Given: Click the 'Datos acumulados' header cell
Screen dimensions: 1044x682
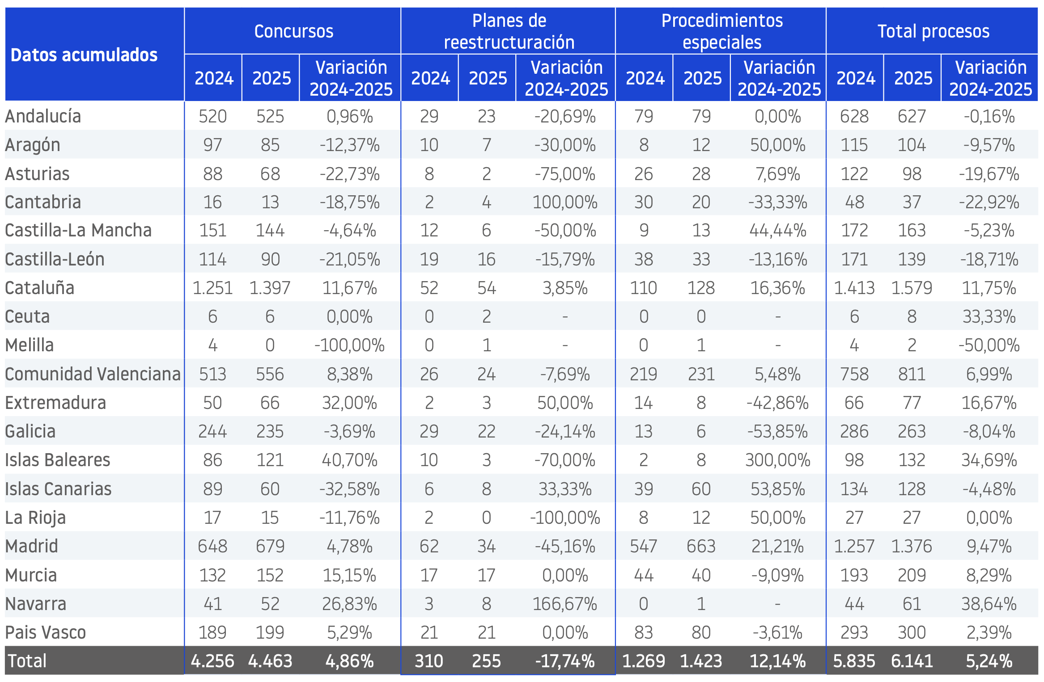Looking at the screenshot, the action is click(84, 55).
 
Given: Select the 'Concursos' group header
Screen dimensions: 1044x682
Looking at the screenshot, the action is click(294, 31).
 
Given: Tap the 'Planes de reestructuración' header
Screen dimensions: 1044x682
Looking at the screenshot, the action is click(509, 31).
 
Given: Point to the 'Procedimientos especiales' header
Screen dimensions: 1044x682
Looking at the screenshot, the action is click(722, 31).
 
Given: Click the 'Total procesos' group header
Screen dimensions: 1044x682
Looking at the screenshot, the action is click(934, 31).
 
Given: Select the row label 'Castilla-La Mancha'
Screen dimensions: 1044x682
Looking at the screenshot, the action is click(78, 230).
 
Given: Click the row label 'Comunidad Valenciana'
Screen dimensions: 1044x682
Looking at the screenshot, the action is click(93, 374).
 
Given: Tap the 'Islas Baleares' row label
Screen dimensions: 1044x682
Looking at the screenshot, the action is click(58, 460).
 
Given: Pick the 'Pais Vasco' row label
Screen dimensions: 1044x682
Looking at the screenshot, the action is click(46, 632).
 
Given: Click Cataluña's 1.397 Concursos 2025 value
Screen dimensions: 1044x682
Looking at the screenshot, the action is click(270, 288).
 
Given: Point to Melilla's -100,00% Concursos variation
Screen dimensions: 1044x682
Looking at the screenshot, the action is click(350, 345).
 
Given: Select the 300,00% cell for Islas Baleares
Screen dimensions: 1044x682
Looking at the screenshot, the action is click(778, 460).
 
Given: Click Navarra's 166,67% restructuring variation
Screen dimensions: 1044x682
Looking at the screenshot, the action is click(565, 604).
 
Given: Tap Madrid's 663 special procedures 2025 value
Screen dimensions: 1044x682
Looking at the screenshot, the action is click(701, 546).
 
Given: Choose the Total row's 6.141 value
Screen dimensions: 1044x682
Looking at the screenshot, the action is click(912, 661).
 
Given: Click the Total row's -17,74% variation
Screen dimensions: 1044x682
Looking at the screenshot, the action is click(565, 661).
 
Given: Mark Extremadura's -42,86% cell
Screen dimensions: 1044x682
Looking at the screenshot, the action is click(778, 403).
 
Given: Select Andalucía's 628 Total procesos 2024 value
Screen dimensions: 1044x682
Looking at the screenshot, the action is click(854, 117).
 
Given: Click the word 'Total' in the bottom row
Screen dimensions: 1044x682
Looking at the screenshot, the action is click(27, 661).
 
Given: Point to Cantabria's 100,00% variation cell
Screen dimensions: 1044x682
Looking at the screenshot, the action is click(565, 202).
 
